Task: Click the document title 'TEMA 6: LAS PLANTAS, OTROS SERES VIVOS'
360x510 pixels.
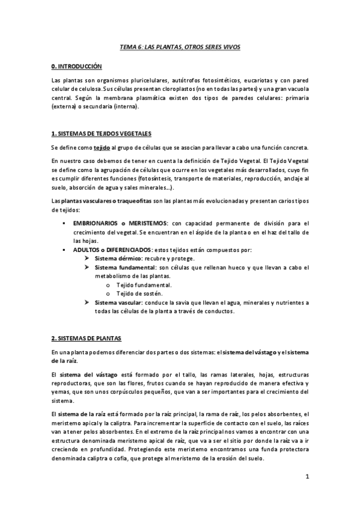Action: point(180,46)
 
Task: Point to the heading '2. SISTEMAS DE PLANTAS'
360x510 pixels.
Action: point(87,339)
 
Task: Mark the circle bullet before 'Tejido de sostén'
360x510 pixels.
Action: point(107,293)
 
